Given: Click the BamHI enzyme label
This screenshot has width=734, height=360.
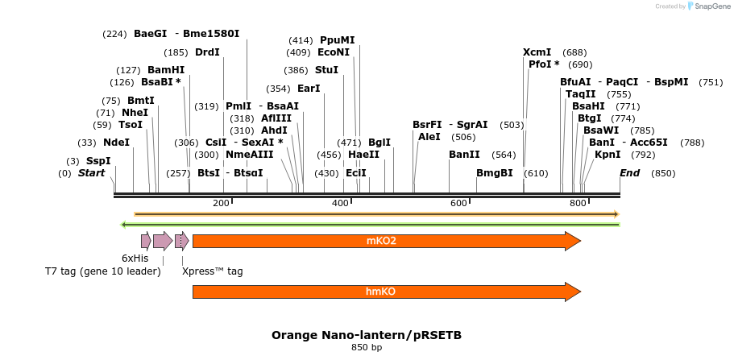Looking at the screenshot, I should [x=166, y=70].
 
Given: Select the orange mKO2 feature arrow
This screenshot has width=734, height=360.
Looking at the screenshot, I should [x=386, y=241].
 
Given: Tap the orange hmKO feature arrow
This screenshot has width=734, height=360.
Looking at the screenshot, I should [x=386, y=292].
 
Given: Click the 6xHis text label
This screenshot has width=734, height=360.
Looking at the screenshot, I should [x=135, y=258].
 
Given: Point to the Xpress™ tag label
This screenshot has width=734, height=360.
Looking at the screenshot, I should [x=212, y=271].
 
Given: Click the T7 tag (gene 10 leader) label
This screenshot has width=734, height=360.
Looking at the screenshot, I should [x=103, y=271].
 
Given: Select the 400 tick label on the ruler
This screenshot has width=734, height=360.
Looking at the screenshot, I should [x=340, y=204].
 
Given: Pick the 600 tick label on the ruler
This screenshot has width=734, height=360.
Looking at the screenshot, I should [x=459, y=204].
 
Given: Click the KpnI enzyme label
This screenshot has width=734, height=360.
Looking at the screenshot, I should [x=608, y=155].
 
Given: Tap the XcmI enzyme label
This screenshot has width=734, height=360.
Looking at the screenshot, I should [x=537, y=52].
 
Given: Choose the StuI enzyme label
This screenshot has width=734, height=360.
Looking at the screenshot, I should [x=326, y=70].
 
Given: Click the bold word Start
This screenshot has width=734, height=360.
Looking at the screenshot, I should [x=92, y=173].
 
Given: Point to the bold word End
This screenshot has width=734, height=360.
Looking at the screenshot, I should [x=630, y=173].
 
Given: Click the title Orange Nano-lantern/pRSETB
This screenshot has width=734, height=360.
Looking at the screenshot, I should [x=367, y=335].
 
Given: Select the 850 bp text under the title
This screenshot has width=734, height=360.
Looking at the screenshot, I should [x=367, y=348].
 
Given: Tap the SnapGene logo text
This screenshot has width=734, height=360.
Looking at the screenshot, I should [x=708, y=6].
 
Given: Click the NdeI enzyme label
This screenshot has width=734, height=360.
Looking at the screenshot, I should [x=117, y=143].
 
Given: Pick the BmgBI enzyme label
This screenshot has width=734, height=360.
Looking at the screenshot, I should [x=495, y=173].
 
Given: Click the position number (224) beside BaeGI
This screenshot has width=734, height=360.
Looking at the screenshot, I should [x=115, y=34].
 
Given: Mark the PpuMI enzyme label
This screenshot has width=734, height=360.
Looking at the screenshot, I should [x=337, y=39].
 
